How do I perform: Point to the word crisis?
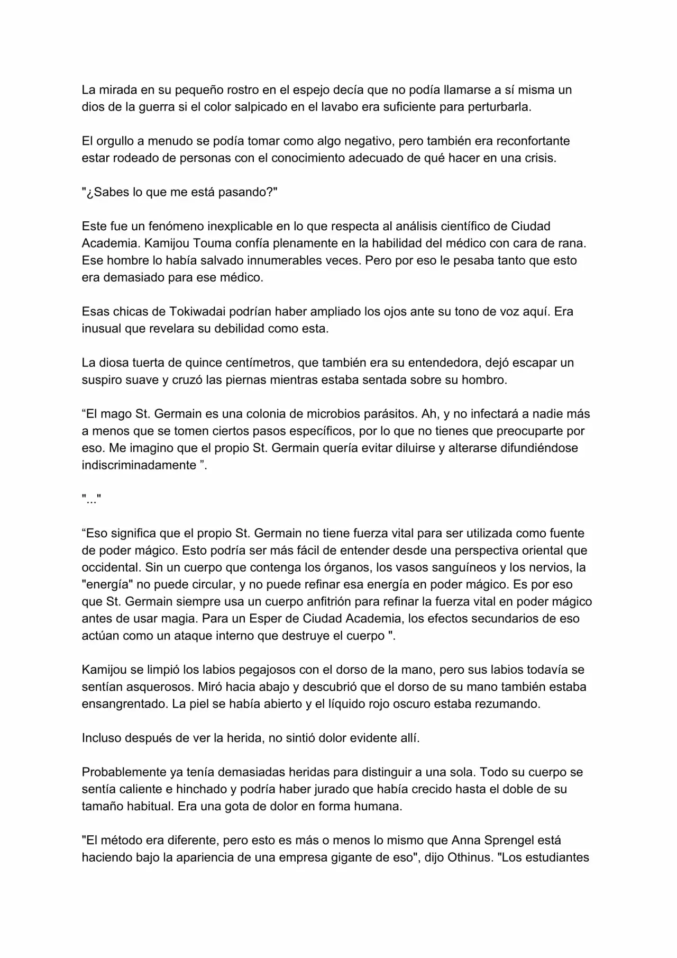tap(540, 158)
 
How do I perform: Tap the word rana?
tap(573, 243)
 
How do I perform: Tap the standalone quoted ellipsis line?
tap(92, 499)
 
